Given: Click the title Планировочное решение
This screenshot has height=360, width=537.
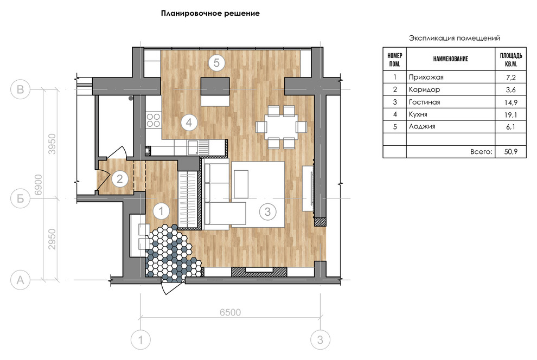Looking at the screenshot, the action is (x=210, y=14).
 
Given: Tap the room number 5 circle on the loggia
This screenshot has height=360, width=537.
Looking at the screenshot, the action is (x=216, y=63).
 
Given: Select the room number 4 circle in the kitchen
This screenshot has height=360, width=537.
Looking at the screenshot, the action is (x=189, y=122).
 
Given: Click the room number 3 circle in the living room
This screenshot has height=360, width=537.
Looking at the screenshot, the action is (x=267, y=211).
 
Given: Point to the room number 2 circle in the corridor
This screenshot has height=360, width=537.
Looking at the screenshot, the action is (x=119, y=178).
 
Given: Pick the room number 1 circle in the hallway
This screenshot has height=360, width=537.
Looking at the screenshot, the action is (x=161, y=211).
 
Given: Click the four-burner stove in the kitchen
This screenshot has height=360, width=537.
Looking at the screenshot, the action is (x=154, y=120).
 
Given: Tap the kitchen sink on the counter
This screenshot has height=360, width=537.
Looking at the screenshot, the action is (x=193, y=147).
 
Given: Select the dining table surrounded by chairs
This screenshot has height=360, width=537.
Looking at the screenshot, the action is (x=281, y=127).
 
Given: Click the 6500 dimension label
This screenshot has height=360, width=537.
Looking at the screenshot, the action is (x=230, y=312).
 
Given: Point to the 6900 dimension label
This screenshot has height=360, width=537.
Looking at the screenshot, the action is (x=39, y=185).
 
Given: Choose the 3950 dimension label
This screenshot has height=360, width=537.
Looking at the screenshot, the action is (x=52, y=144).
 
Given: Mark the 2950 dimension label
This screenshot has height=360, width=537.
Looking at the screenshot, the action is (x=52, y=239).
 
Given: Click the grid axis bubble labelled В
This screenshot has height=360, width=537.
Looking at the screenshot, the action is (x=21, y=89).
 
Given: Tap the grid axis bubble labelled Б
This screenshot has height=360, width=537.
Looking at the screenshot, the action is (x=21, y=198).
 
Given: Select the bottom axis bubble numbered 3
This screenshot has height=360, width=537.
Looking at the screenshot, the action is (x=320, y=340).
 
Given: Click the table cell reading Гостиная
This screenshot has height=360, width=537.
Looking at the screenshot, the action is (x=424, y=102).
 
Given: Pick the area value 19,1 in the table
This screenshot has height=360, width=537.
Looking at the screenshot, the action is (x=510, y=114).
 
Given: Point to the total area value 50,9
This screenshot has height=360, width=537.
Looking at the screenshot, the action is (x=510, y=152).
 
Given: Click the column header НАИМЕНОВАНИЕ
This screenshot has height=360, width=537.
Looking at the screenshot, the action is (x=451, y=59).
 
